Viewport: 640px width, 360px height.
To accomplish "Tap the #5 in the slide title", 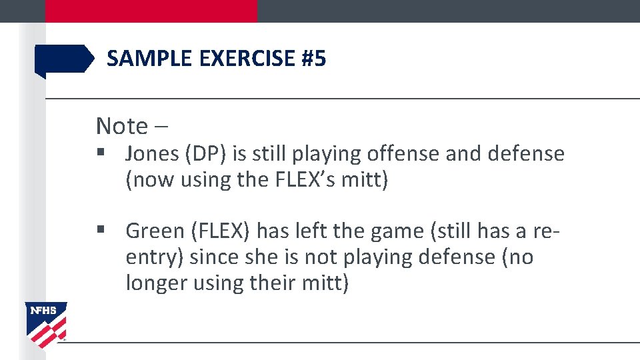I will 313,59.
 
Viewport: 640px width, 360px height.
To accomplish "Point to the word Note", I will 122,125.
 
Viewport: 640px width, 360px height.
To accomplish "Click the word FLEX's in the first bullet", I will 311,180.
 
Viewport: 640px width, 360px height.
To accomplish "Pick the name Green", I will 153,231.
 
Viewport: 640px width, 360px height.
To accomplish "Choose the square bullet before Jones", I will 101,154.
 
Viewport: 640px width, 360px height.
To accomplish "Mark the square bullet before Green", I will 101,231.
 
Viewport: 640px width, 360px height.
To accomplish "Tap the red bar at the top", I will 151,11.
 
